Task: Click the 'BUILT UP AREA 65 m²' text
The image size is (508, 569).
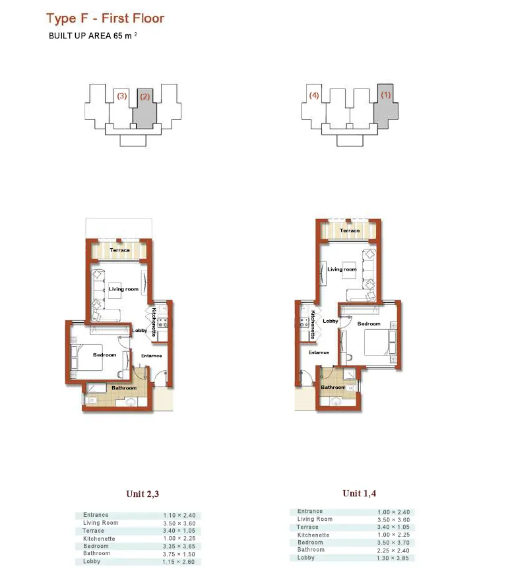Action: (x=93, y=36)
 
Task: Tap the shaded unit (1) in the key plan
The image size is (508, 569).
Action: (x=385, y=106)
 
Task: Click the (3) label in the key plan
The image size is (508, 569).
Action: (x=121, y=96)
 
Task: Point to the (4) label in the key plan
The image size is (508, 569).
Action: (x=314, y=96)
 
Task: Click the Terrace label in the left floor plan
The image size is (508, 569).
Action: (x=119, y=250)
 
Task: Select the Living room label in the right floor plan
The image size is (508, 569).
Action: (x=342, y=269)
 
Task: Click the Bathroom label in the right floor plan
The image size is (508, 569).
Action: (x=333, y=387)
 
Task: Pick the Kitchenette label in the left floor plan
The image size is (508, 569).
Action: (x=154, y=323)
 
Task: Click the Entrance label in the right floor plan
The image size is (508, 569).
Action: (x=319, y=352)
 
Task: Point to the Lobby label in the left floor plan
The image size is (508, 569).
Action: (x=140, y=331)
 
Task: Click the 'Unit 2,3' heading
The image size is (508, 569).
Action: (x=142, y=494)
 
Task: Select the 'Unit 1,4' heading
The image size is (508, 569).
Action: (x=359, y=493)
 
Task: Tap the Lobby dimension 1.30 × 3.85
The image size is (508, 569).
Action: (x=393, y=558)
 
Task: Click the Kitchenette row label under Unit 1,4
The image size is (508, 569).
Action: (x=313, y=535)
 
